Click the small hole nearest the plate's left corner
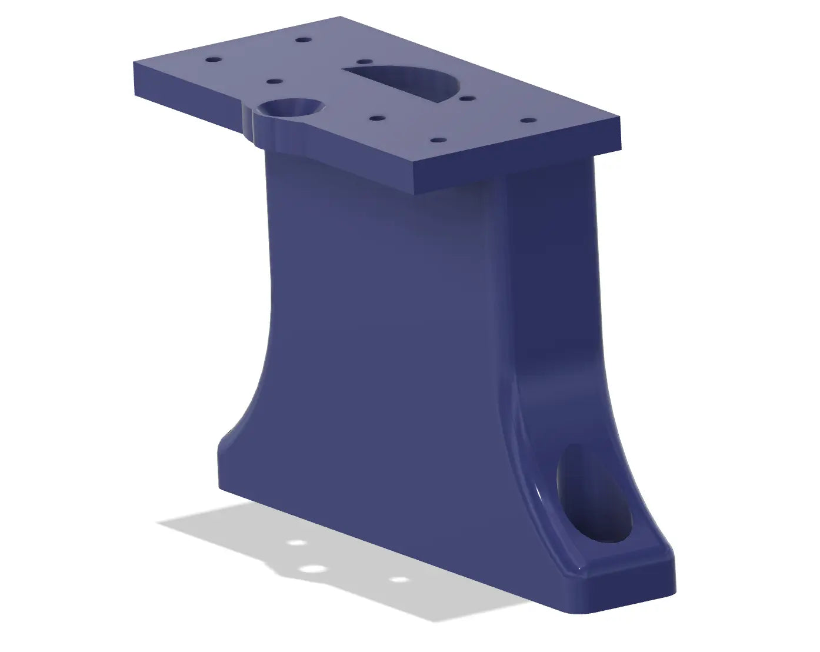point(212,60)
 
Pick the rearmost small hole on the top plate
point(304,40)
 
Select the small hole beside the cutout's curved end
point(468,98)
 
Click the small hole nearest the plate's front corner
point(438,141)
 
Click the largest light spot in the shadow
point(312,569)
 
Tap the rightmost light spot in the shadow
point(399,580)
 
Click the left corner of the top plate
point(135,62)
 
